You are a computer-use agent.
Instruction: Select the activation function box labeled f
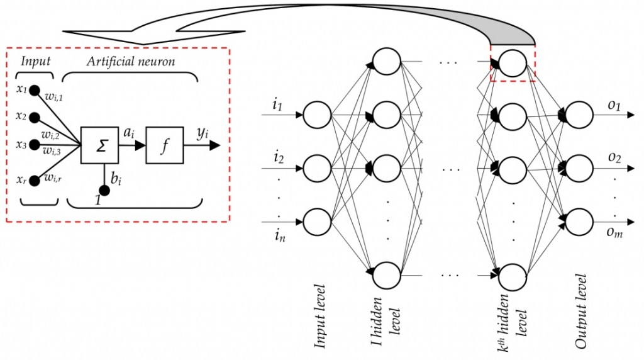pyautogui.click(x=165, y=145)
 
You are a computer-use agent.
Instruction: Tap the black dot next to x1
pyautogui.click(x=35, y=90)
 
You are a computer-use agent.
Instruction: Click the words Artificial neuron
pyautogui.click(x=131, y=61)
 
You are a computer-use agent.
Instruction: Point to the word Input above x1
pyautogui.click(x=35, y=61)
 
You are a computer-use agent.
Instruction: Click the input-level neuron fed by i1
pyautogui.click(x=317, y=115)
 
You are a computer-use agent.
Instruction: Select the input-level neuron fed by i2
pyautogui.click(x=317, y=168)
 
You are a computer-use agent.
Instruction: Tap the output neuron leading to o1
pyautogui.click(x=579, y=115)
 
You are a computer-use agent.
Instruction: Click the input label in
pyautogui.click(x=277, y=237)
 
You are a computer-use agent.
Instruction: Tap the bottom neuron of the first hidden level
pyautogui.click(x=386, y=274)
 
